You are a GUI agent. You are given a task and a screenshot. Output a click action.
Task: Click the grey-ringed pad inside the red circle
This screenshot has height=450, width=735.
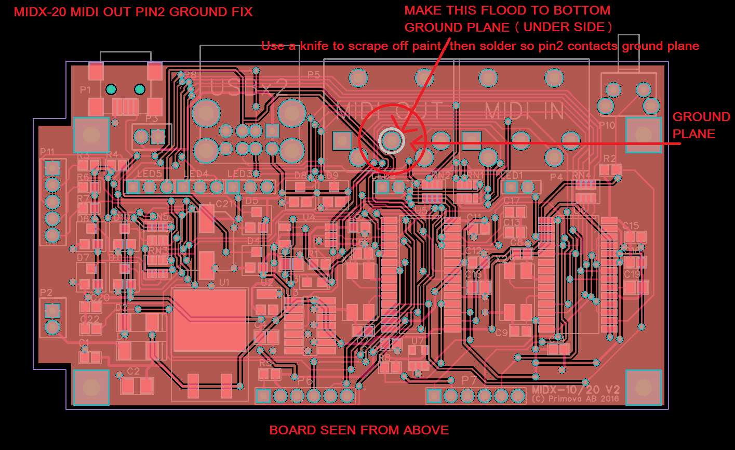(392, 140)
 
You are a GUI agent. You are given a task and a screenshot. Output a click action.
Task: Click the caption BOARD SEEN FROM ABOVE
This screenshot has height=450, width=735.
(359, 430)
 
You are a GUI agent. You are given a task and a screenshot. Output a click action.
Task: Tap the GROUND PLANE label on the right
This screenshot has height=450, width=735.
(701, 125)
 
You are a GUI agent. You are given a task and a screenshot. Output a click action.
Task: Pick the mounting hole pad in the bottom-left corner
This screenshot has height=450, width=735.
(91, 387)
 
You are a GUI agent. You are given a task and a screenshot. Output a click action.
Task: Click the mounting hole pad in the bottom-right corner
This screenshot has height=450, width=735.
(643, 387)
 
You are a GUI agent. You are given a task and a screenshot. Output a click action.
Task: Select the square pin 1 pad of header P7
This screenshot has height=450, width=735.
(434, 396)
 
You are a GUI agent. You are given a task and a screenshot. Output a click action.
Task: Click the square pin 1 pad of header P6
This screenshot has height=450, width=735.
(264, 396)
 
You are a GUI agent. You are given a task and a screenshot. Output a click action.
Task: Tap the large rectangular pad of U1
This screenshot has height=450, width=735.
(209, 319)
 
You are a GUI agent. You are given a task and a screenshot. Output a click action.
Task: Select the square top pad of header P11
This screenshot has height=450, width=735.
(52, 168)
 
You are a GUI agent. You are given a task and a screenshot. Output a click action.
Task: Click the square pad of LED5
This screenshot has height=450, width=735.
(133, 187)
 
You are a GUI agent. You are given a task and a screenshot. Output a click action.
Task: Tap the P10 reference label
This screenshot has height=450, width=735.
(607, 125)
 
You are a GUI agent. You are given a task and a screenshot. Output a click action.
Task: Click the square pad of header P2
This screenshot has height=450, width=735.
(52, 310)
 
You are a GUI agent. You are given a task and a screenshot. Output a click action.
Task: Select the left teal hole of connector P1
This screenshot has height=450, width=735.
(111, 89)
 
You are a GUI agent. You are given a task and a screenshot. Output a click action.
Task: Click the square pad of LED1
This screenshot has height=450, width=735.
(511, 187)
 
